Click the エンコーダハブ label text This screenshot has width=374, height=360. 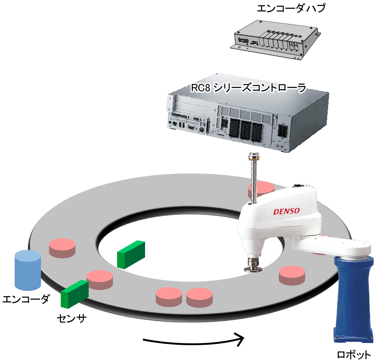(291, 8)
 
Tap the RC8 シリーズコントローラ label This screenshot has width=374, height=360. (248, 88)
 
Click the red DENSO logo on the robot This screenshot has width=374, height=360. (286, 211)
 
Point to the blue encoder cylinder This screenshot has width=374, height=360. (28, 270)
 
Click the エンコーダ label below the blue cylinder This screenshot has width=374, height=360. (26, 299)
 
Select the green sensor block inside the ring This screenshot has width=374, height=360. (131, 255)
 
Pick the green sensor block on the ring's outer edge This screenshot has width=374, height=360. (75, 294)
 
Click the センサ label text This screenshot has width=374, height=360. (72, 319)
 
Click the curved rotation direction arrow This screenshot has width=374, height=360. (194, 341)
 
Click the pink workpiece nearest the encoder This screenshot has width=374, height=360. (62, 248)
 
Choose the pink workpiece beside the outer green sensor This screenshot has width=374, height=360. (100, 280)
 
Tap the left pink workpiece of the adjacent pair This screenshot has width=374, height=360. (169, 297)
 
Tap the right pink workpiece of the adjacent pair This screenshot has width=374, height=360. (199, 298)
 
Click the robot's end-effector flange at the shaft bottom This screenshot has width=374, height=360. (253, 265)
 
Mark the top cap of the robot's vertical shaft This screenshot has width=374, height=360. (254, 157)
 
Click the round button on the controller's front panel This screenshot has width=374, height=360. (201, 129)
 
